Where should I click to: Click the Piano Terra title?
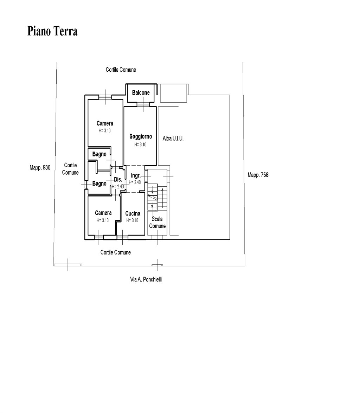(52, 31)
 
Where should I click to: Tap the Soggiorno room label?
(141, 136)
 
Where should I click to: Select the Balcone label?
(141, 92)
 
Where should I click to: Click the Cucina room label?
(133, 213)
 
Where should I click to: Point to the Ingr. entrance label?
(135, 176)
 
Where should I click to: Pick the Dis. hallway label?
(118, 179)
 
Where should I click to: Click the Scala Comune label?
(157, 222)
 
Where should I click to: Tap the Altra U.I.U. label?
(173, 138)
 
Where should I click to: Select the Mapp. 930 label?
(40, 168)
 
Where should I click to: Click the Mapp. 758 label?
(258, 175)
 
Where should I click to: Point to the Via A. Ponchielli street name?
(146, 279)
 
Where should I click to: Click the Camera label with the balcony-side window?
(105, 123)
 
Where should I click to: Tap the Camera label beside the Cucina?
(103, 213)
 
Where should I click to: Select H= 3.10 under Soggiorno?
(140, 144)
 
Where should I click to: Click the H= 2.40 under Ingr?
(135, 182)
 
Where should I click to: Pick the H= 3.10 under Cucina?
(132, 220)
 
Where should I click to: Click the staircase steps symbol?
(157, 197)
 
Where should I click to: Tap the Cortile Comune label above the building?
(121, 70)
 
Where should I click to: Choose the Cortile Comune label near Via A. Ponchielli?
(115, 252)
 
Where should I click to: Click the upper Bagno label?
(99, 154)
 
